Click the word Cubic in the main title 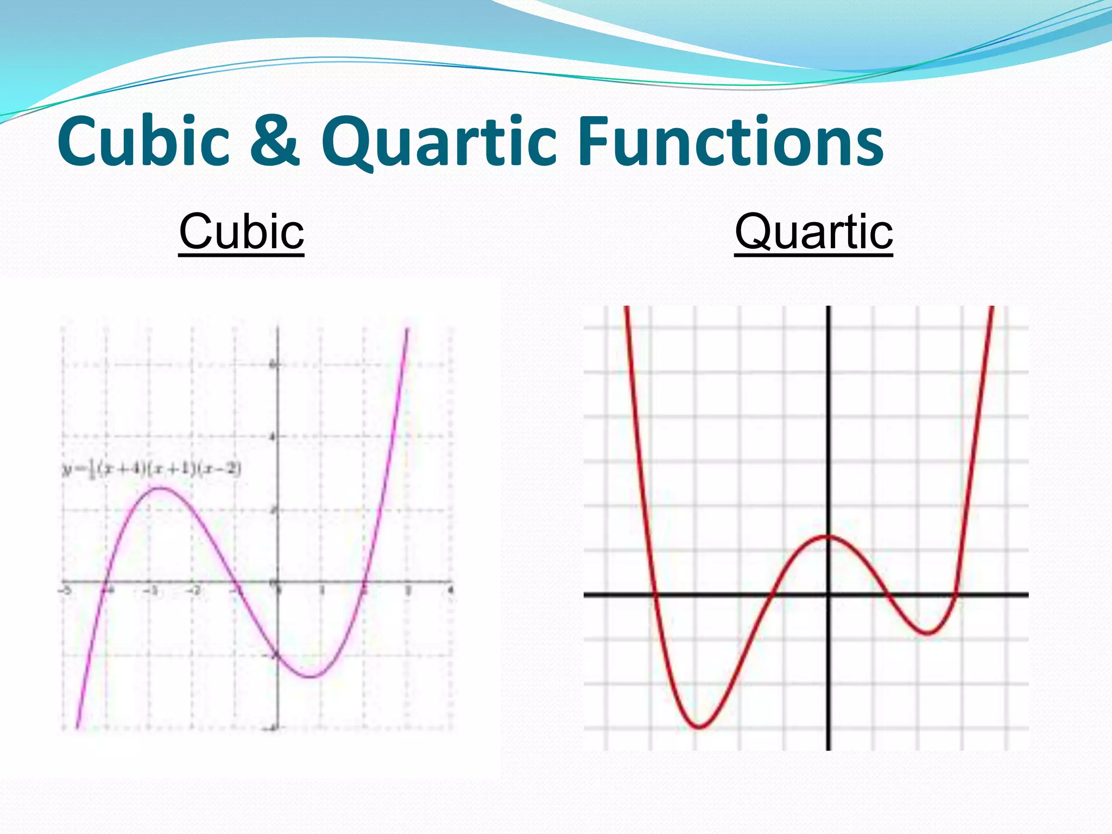(144, 142)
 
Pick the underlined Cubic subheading (241, 232)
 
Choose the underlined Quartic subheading (813, 232)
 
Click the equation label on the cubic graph (151, 469)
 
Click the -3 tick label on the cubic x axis (150, 590)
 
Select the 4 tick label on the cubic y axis (273, 437)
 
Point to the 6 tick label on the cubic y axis (273, 365)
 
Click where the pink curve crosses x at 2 (364, 583)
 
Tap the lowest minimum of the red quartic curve (699, 726)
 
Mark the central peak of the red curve (826, 536)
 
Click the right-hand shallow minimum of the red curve (927, 633)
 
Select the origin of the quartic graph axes (828, 595)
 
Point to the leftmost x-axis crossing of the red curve (655, 595)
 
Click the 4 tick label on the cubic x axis (450, 590)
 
